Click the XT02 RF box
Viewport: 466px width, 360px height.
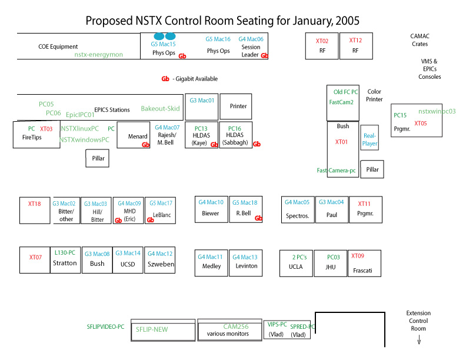tap(322, 46)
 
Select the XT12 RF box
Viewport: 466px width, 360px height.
tap(355, 46)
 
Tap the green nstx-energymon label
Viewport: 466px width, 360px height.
tap(99, 55)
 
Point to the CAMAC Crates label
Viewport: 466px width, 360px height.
tap(420, 40)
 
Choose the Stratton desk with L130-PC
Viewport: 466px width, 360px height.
tap(65, 259)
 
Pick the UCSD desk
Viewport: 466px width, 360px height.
tap(128, 259)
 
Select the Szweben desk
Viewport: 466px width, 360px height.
tap(160, 259)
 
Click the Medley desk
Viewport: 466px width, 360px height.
tap(211, 262)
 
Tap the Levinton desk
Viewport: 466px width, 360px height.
tap(245, 262)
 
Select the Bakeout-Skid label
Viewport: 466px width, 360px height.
tap(160, 109)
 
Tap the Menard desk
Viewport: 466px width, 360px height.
tap(134, 135)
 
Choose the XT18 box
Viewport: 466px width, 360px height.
tap(35, 209)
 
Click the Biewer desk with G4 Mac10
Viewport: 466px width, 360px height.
tap(211, 209)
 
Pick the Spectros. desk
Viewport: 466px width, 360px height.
tap(298, 209)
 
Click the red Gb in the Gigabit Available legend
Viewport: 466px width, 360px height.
tap(165, 79)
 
